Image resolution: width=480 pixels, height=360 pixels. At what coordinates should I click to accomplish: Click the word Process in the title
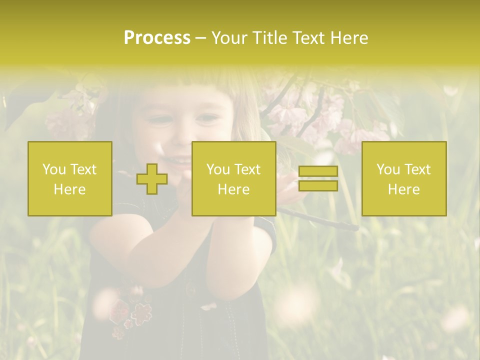click(157, 38)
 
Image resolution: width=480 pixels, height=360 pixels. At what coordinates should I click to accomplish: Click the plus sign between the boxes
click(152, 179)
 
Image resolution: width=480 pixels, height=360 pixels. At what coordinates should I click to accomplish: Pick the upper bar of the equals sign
click(318, 171)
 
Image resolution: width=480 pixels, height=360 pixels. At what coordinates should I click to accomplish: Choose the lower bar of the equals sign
click(318, 185)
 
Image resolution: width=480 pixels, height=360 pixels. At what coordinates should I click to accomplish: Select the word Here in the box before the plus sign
click(69, 189)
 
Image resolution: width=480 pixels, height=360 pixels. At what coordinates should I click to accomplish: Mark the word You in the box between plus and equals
click(218, 169)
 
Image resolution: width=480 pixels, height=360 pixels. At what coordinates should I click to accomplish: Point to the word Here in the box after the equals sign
click(403, 189)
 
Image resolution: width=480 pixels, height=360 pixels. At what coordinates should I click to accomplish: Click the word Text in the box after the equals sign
click(417, 169)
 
